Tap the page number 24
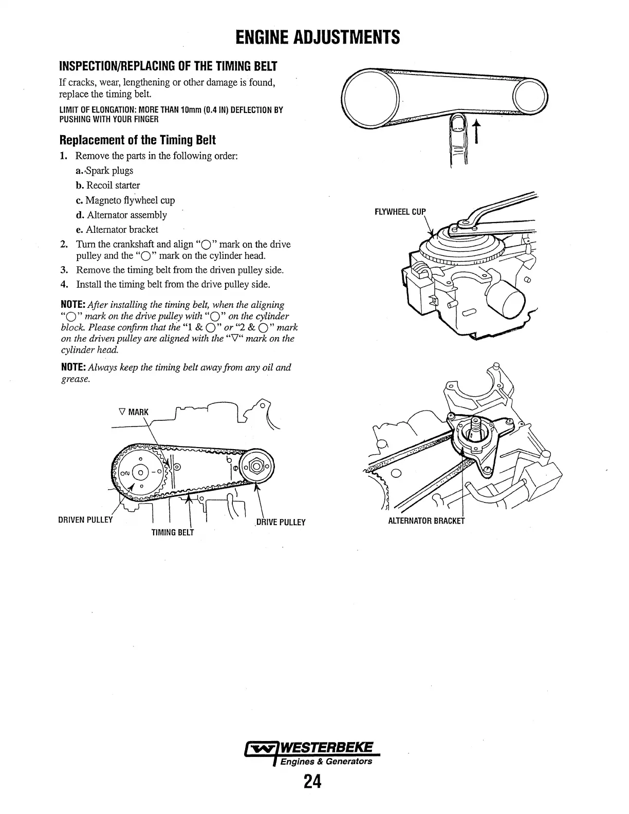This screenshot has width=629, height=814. (x=312, y=782)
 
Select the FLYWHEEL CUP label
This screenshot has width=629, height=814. (x=400, y=212)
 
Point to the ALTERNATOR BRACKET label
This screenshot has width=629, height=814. (x=426, y=521)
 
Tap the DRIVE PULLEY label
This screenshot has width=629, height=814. (x=281, y=522)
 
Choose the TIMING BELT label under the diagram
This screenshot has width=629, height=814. (x=173, y=532)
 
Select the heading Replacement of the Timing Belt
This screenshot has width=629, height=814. (x=138, y=140)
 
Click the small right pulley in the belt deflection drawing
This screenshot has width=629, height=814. (x=531, y=97)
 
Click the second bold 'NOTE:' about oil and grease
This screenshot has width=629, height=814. (x=73, y=367)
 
